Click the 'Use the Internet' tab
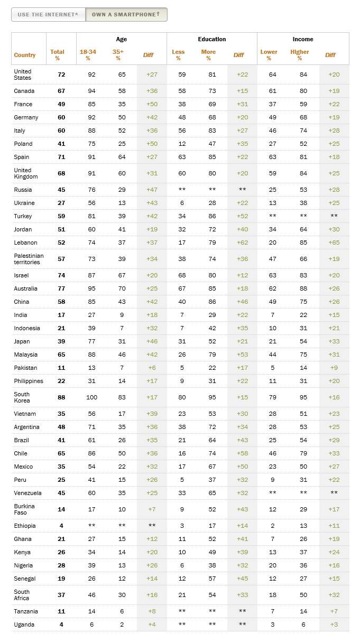[48, 14]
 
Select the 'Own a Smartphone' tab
[126, 14]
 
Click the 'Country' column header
[25, 55]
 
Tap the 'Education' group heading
[212, 39]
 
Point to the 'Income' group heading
[303, 39]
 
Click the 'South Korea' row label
[22, 397]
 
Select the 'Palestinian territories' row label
[29, 259]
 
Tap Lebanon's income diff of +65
[334, 243]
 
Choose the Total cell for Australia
[61, 288]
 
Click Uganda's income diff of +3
[334, 624]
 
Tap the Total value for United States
[61, 74]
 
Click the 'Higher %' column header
[299, 55]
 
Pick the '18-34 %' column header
[88, 55]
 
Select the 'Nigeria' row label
[23, 565]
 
